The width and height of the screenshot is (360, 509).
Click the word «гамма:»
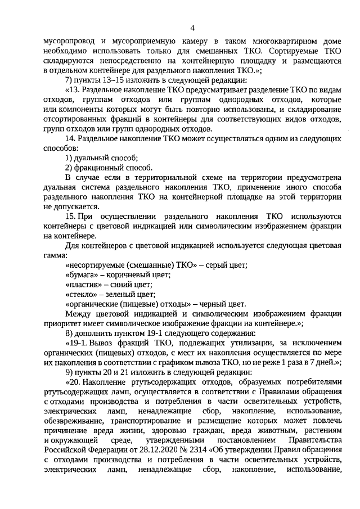(x=54, y=255)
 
